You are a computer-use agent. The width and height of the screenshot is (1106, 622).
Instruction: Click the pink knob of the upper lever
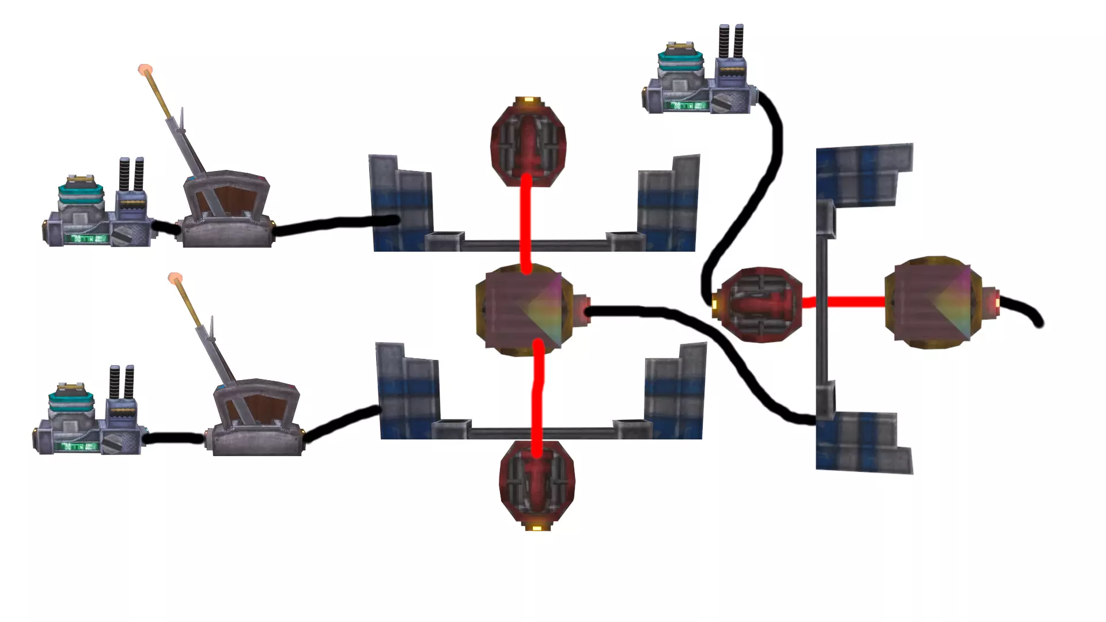[x=145, y=70]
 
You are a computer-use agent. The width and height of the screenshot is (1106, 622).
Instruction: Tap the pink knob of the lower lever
[x=175, y=279]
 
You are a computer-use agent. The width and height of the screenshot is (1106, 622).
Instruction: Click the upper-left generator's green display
[x=86, y=237]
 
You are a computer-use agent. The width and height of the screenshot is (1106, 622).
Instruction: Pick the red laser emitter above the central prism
[x=528, y=142]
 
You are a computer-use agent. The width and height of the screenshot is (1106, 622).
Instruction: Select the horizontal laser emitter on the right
[x=760, y=305]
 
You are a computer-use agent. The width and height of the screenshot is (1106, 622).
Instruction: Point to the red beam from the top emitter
[x=525, y=225]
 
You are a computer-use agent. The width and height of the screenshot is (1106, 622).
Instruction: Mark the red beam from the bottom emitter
[x=537, y=397]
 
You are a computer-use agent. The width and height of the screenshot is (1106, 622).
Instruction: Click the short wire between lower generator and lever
[x=173, y=438]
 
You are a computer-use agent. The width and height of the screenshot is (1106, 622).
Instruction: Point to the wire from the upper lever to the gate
[x=334, y=223]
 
